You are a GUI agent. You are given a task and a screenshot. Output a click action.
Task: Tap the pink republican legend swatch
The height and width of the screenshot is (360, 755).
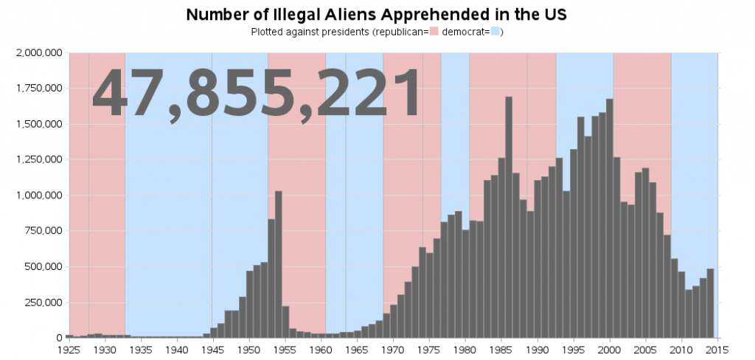434,32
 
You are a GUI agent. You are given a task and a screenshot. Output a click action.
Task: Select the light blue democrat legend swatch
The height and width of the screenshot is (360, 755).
495,32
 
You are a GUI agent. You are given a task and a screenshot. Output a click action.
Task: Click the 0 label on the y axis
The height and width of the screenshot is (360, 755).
59,338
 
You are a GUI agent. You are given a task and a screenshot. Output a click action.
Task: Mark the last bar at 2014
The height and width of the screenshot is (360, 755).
711,303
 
